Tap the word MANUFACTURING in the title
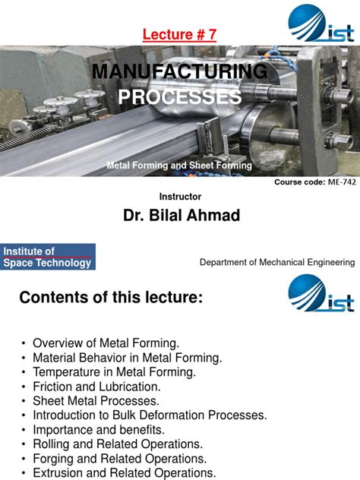179,72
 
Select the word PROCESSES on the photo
179,97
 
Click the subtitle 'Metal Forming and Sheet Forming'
179,165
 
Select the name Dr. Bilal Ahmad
182,216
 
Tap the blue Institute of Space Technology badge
48,257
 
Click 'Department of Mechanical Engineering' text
276,262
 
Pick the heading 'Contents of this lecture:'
111,299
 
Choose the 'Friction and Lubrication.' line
91,387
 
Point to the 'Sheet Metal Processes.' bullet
96,401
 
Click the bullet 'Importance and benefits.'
95,430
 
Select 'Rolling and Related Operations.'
117,444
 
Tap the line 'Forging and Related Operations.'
119,459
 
